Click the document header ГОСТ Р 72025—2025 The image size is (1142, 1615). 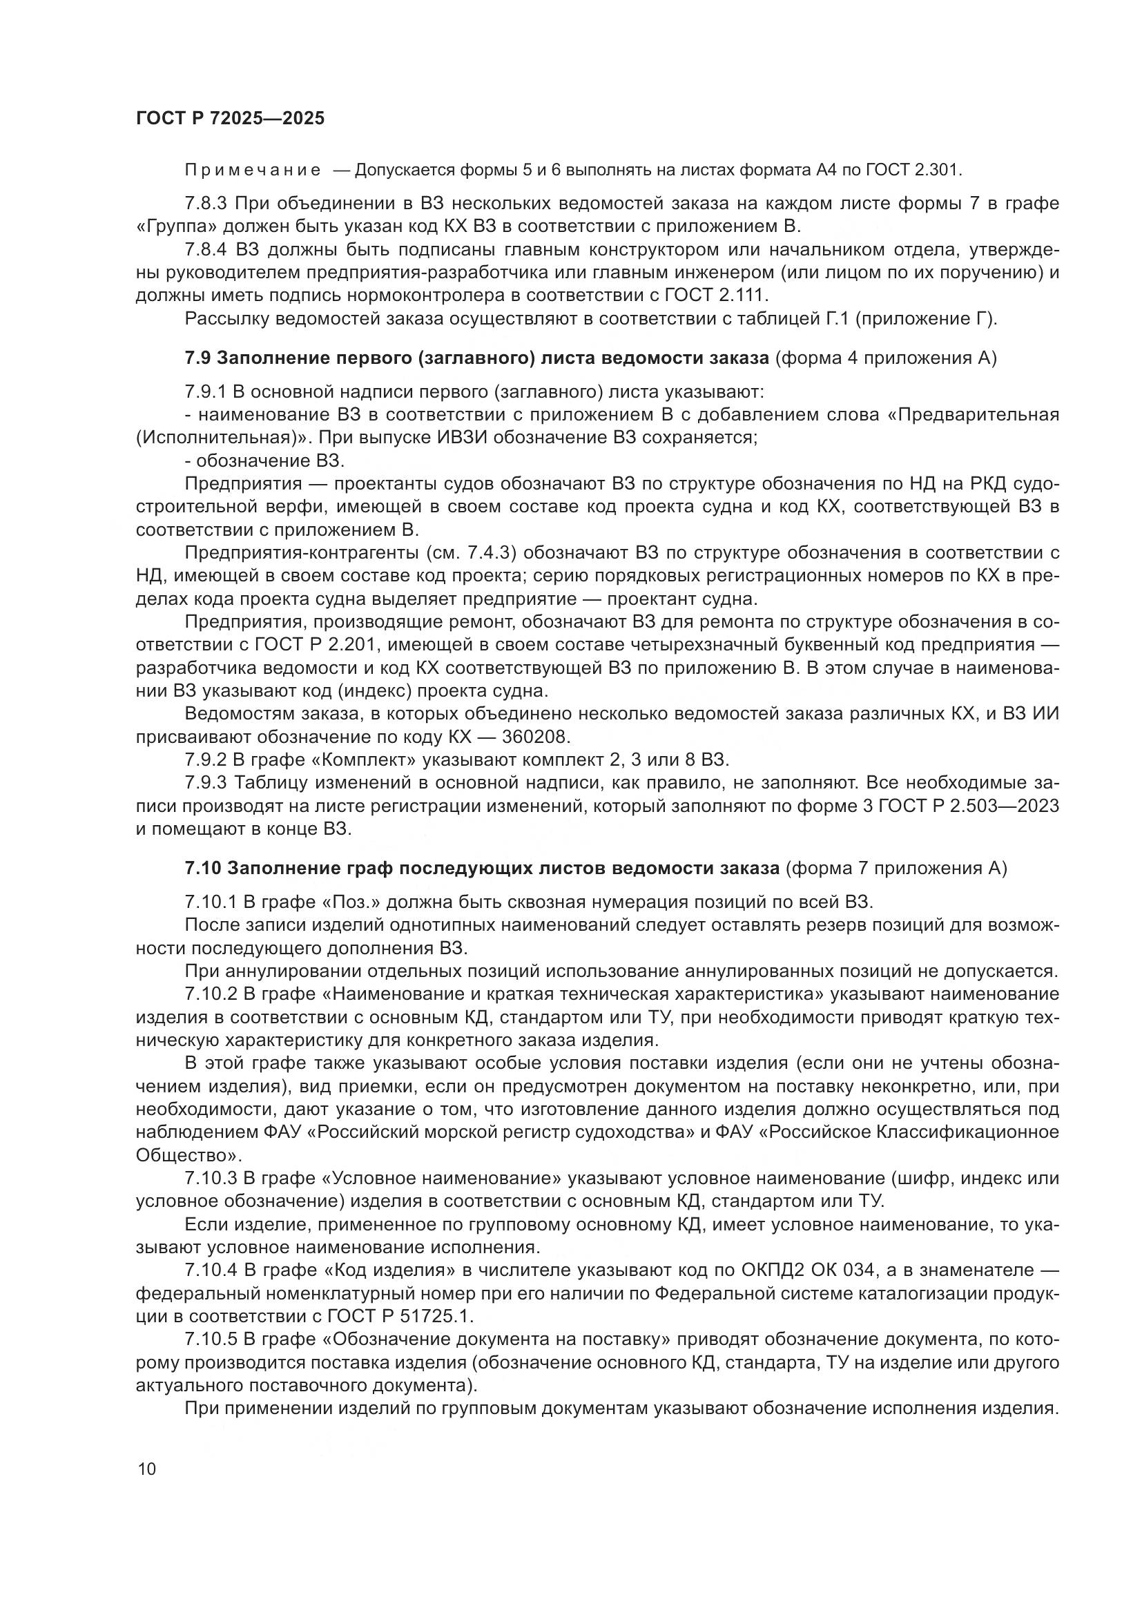[x=230, y=118]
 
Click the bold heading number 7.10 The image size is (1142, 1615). [x=202, y=869]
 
